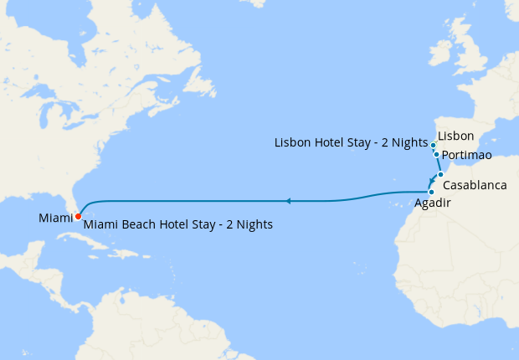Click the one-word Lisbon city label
[456, 136]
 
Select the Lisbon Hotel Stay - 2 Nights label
[352, 143]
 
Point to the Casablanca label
[475, 184]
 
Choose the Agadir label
[432, 203]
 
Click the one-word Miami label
[55, 219]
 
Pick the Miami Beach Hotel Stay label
[178, 225]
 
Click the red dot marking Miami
[78, 216]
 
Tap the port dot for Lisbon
[434, 146]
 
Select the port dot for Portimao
[437, 154]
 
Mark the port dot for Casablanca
[440, 175]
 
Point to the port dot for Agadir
[430, 193]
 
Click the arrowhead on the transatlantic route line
[288, 201]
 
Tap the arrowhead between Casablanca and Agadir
[432, 182]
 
